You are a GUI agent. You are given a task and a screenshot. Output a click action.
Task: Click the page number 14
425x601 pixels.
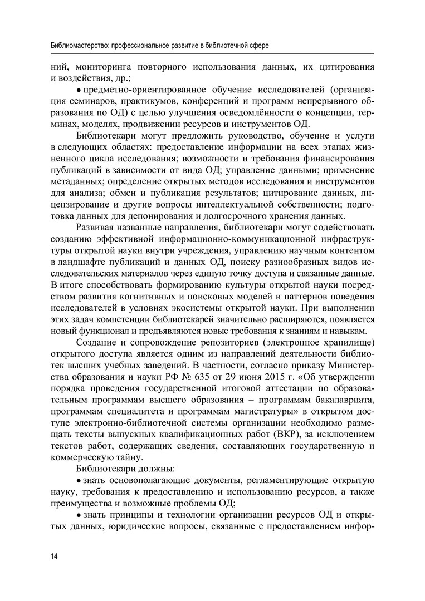53,556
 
